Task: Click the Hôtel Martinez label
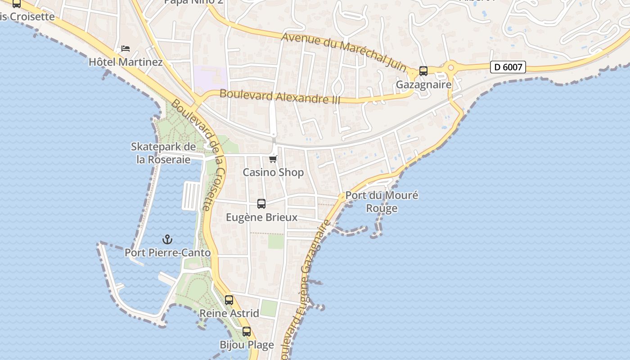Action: (x=126, y=62)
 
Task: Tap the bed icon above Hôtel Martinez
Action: (x=126, y=49)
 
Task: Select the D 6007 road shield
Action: (x=508, y=67)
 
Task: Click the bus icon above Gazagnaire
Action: (x=423, y=71)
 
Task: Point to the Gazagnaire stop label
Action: (x=423, y=85)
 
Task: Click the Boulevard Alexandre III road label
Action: (x=280, y=97)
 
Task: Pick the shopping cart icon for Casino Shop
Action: (x=273, y=159)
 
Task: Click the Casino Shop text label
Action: (x=273, y=172)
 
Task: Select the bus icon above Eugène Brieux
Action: (x=261, y=204)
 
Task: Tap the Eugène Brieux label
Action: (x=261, y=217)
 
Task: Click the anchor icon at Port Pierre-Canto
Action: (x=167, y=239)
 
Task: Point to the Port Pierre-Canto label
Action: (x=167, y=253)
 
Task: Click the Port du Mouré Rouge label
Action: (x=382, y=202)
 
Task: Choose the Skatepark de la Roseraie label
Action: (x=163, y=153)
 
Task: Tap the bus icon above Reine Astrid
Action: (x=229, y=300)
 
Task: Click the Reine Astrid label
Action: (x=229, y=313)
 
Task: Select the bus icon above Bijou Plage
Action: (x=247, y=332)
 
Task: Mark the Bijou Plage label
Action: (x=247, y=345)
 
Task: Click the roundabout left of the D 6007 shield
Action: (x=450, y=67)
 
